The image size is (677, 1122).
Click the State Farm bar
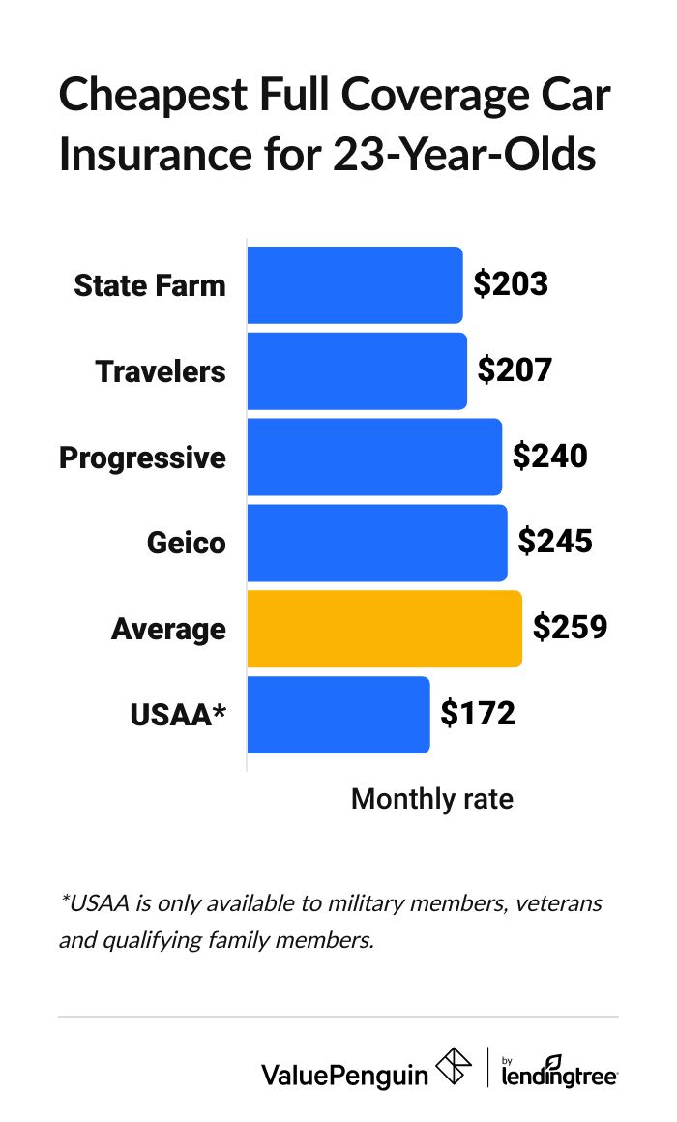(x=355, y=285)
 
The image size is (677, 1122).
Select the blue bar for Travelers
(x=357, y=371)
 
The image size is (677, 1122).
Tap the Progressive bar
(x=374, y=457)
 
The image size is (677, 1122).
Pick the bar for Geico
(x=377, y=543)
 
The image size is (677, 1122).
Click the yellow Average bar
(x=384, y=629)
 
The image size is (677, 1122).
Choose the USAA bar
(x=338, y=715)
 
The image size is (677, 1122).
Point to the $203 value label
(x=511, y=284)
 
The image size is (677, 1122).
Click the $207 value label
(x=515, y=370)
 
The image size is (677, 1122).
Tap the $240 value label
(x=549, y=456)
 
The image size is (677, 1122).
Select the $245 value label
(x=555, y=542)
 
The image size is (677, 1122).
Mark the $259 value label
(x=570, y=628)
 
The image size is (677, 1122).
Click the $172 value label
(x=478, y=714)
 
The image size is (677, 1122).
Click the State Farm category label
(x=150, y=285)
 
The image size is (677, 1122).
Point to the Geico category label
(x=186, y=543)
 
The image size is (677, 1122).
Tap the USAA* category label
(x=178, y=715)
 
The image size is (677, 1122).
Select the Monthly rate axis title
(x=431, y=799)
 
